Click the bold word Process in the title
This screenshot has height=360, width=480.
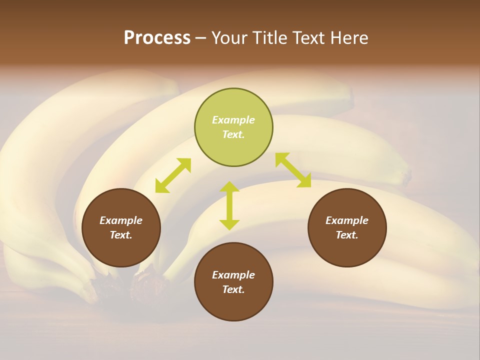(x=157, y=38)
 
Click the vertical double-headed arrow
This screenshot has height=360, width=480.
(x=229, y=205)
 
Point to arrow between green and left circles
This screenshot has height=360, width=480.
(x=173, y=175)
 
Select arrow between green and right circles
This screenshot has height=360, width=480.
(x=293, y=170)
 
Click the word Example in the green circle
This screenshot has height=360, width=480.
(x=233, y=120)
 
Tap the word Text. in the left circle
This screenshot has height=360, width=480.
(x=121, y=235)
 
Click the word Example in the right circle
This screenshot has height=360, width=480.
(x=347, y=220)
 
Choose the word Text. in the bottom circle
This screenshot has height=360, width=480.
(x=233, y=289)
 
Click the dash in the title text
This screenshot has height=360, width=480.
(x=200, y=38)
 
